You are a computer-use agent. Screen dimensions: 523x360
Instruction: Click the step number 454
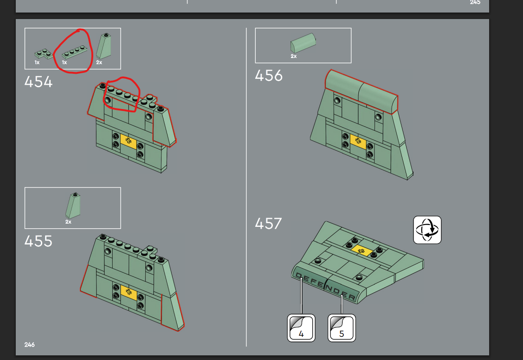point(39,82)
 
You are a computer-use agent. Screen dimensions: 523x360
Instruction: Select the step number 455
point(39,241)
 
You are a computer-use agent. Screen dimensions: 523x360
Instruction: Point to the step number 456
point(269,76)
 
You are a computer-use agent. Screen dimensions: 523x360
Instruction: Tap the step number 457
point(269,224)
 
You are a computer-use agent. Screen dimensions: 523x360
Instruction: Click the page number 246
point(29,345)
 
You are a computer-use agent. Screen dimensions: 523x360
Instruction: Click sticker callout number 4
point(301,328)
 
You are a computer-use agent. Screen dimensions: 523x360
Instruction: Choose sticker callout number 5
point(342,328)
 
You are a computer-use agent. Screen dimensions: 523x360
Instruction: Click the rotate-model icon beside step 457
point(427,230)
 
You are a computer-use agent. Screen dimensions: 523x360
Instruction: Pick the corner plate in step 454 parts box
point(44,54)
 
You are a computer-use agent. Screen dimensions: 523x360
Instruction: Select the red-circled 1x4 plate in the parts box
point(75,51)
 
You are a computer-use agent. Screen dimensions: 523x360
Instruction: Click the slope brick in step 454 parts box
point(104,46)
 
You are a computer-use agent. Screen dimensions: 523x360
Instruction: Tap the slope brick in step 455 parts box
point(73,206)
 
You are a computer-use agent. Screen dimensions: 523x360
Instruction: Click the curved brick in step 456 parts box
point(303,43)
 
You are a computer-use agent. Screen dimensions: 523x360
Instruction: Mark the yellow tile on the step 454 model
point(129,141)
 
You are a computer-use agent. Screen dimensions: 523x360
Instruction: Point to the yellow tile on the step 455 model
point(129,293)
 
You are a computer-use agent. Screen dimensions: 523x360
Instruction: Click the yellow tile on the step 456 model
point(358,141)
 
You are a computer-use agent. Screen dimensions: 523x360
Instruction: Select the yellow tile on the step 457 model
point(361,251)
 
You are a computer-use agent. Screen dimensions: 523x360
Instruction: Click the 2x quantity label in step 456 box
point(293,56)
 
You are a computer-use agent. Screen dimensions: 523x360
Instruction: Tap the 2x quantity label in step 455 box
point(68,222)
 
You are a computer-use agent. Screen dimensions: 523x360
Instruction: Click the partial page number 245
point(475,2)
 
